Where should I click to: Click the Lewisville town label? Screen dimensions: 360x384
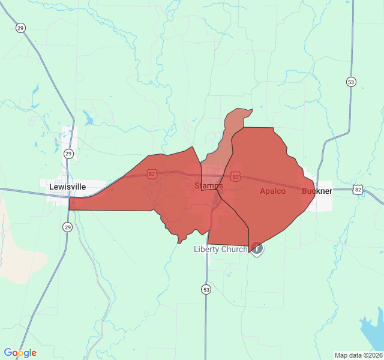click(x=67, y=187)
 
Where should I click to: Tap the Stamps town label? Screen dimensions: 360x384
click(x=208, y=186)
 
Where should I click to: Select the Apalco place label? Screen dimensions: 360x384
click(x=272, y=191)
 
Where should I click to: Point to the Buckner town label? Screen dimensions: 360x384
click(x=317, y=191)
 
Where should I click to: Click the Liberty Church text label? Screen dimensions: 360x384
click(x=220, y=249)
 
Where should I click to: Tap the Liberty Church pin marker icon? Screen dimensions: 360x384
click(x=256, y=247)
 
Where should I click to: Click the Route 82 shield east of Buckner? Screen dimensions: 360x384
click(x=358, y=189)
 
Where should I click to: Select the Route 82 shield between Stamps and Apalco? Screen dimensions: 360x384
click(x=235, y=177)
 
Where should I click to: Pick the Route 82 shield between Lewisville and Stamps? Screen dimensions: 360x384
click(x=151, y=174)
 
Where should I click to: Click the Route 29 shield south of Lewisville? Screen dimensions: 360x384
click(x=67, y=227)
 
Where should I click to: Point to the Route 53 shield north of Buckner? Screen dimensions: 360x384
click(x=350, y=81)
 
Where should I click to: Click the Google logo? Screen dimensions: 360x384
click(x=20, y=353)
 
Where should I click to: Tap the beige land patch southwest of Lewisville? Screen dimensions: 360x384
click(x=12, y=240)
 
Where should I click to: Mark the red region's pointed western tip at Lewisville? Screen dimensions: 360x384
click(x=71, y=204)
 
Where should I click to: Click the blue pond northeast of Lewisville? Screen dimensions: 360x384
click(x=89, y=119)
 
